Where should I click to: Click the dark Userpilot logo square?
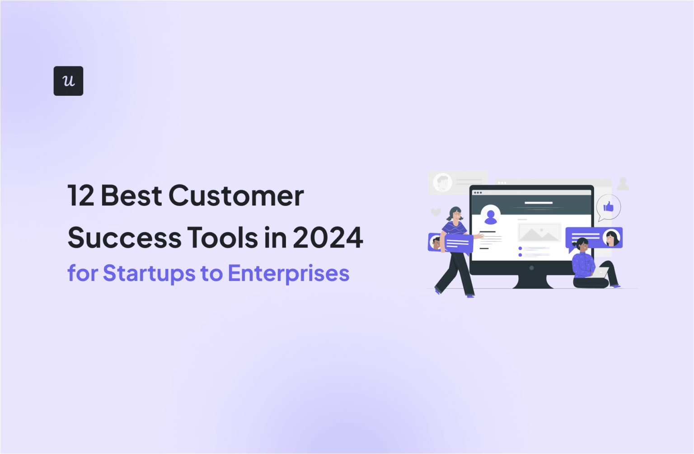pyautogui.click(x=68, y=81)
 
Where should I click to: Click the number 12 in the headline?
pyautogui.click(x=81, y=196)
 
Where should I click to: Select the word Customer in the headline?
pyautogui.click(x=236, y=196)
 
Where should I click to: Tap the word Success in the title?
pyautogui.click(x=124, y=238)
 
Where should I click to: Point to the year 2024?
pyautogui.click(x=328, y=238)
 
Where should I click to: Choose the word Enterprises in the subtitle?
pyautogui.click(x=288, y=273)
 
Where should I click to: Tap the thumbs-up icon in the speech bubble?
pyautogui.click(x=608, y=207)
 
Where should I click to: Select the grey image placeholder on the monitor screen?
pyautogui.click(x=539, y=233)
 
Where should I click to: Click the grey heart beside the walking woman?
pyautogui.click(x=436, y=212)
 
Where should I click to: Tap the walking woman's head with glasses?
pyautogui.click(x=455, y=214)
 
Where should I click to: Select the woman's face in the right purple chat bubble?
pyautogui.click(x=611, y=238)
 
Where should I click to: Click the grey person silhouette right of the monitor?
pyautogui.click(x=623, y=184)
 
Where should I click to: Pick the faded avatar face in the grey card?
pyautogui.click(x=442, y=183)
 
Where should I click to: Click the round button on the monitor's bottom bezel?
pyautogui.click(x=531, y=268)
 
